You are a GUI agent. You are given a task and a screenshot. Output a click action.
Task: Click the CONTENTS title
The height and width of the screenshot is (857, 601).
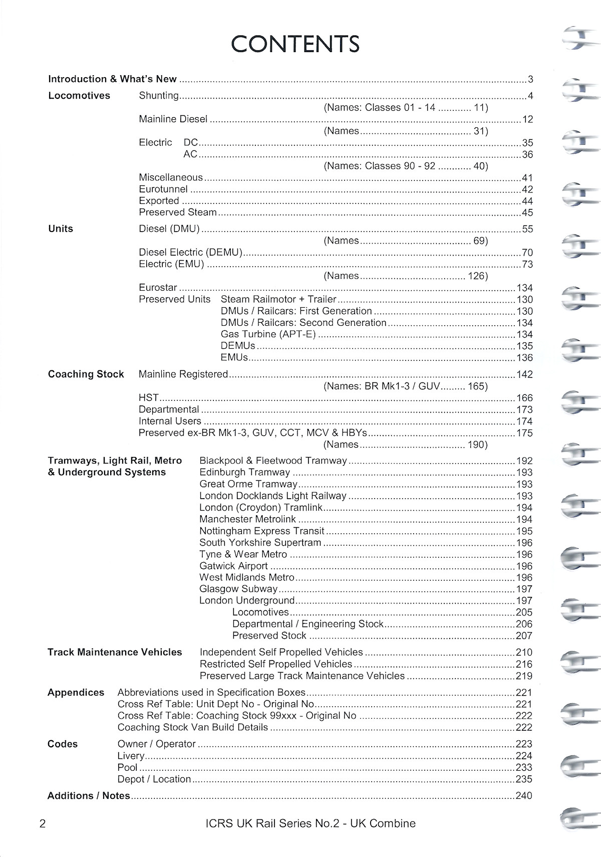[x=295, y=44]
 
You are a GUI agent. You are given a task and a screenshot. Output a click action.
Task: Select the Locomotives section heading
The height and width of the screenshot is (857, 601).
[x=79, y=96]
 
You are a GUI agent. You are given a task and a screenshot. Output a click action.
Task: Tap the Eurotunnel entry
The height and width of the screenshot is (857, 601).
[x=163, y=189]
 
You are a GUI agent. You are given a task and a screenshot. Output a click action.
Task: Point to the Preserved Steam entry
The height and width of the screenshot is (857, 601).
[x=178, y=212]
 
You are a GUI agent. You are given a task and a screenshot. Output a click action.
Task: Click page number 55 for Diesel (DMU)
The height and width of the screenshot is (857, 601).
[x=527, y=230]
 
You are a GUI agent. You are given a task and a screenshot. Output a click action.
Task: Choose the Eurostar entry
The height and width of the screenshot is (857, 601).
[x=158, y=288]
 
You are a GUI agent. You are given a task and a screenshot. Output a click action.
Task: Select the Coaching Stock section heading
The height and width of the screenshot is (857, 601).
[x=86, y=374]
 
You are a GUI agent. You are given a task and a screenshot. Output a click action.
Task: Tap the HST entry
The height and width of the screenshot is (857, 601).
[x=149, y=398]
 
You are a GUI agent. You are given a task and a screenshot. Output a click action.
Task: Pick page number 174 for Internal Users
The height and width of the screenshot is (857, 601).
[x=524, y=421]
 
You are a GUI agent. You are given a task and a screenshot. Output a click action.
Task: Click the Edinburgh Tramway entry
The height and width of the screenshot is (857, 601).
[x=244, y=473]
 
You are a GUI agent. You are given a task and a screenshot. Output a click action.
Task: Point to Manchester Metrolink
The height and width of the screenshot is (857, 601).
[x=247, y=519]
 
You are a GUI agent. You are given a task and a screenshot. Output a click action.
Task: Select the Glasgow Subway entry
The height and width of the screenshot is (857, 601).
[x=238, y=589]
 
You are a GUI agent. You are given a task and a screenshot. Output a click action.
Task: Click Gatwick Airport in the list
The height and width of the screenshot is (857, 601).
[x=233, y=566]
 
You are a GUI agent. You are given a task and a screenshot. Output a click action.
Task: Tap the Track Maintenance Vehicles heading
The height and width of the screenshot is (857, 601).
[x=115, y=653]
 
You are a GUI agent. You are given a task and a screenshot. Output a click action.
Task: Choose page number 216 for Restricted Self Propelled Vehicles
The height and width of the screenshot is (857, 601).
[x=524, y=665]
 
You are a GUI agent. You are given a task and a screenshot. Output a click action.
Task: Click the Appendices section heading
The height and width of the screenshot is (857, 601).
[x=76, y=693]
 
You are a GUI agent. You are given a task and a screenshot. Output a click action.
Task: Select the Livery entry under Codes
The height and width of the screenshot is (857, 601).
[x=131, y=756]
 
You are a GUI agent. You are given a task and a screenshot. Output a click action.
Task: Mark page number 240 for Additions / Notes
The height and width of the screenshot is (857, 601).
[x=524, y=796]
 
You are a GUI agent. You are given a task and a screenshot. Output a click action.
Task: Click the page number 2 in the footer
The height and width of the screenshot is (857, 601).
[x=43, y=824]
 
